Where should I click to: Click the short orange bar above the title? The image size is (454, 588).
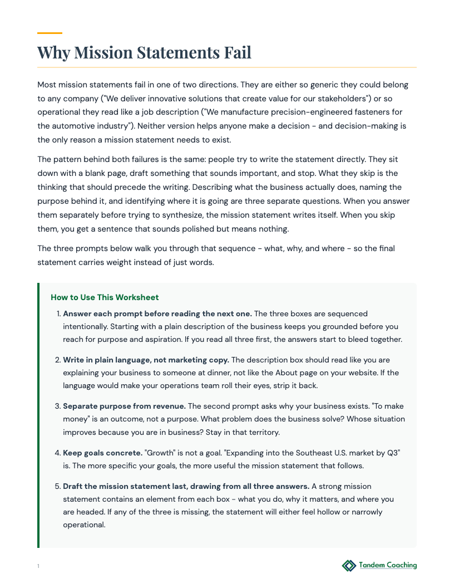tap(50, 33)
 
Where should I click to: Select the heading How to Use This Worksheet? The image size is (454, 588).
tap(105, 297)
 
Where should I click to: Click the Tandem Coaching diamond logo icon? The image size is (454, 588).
tap(349, 566)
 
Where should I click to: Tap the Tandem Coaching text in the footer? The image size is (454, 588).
tap(388, 565)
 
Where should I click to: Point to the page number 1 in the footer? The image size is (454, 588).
tap(38, 566)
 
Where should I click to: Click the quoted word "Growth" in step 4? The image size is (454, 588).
tap(161, 452)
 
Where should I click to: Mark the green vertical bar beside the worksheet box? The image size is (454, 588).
tap(38, 415)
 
